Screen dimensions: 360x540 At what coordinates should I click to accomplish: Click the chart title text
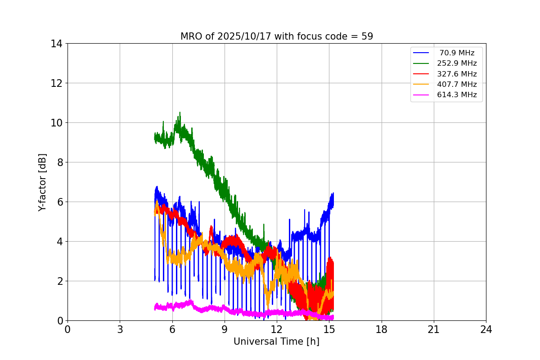point(277,36)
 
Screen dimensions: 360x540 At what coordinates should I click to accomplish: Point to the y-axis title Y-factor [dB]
point(42,182)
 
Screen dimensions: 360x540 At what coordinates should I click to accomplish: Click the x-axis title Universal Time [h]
point(276,342)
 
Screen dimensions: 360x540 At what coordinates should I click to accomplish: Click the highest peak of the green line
point(180,112)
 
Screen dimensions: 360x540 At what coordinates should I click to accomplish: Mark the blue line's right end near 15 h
point(333,194)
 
